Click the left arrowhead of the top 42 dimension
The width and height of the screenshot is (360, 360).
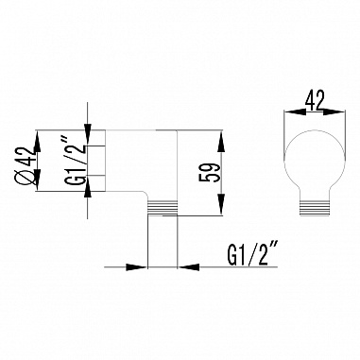(287, 111)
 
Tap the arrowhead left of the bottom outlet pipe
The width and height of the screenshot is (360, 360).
(143, 266)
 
